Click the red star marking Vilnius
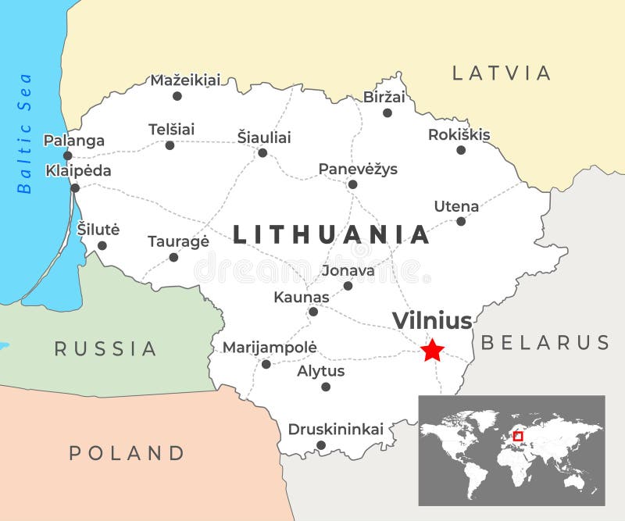point(432,350)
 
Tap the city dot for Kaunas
point(313,312)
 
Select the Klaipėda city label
point(78,170)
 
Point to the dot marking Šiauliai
point(262,152)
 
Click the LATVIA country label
point(502,73)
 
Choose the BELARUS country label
point(545,342)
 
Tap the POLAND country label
point(127,452)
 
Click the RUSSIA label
point(105,348)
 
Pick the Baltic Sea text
point(25,133)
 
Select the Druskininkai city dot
point(320,445)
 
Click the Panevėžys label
point(358,169)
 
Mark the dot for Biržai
point(387,112)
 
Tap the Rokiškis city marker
point(461,150)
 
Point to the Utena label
point(456,206)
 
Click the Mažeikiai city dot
point(177,96)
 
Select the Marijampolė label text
point(270,347)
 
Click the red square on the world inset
point(518,436)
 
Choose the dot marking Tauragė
point(173,257)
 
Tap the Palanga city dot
point(68,155)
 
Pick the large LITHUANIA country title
point(331,234)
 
